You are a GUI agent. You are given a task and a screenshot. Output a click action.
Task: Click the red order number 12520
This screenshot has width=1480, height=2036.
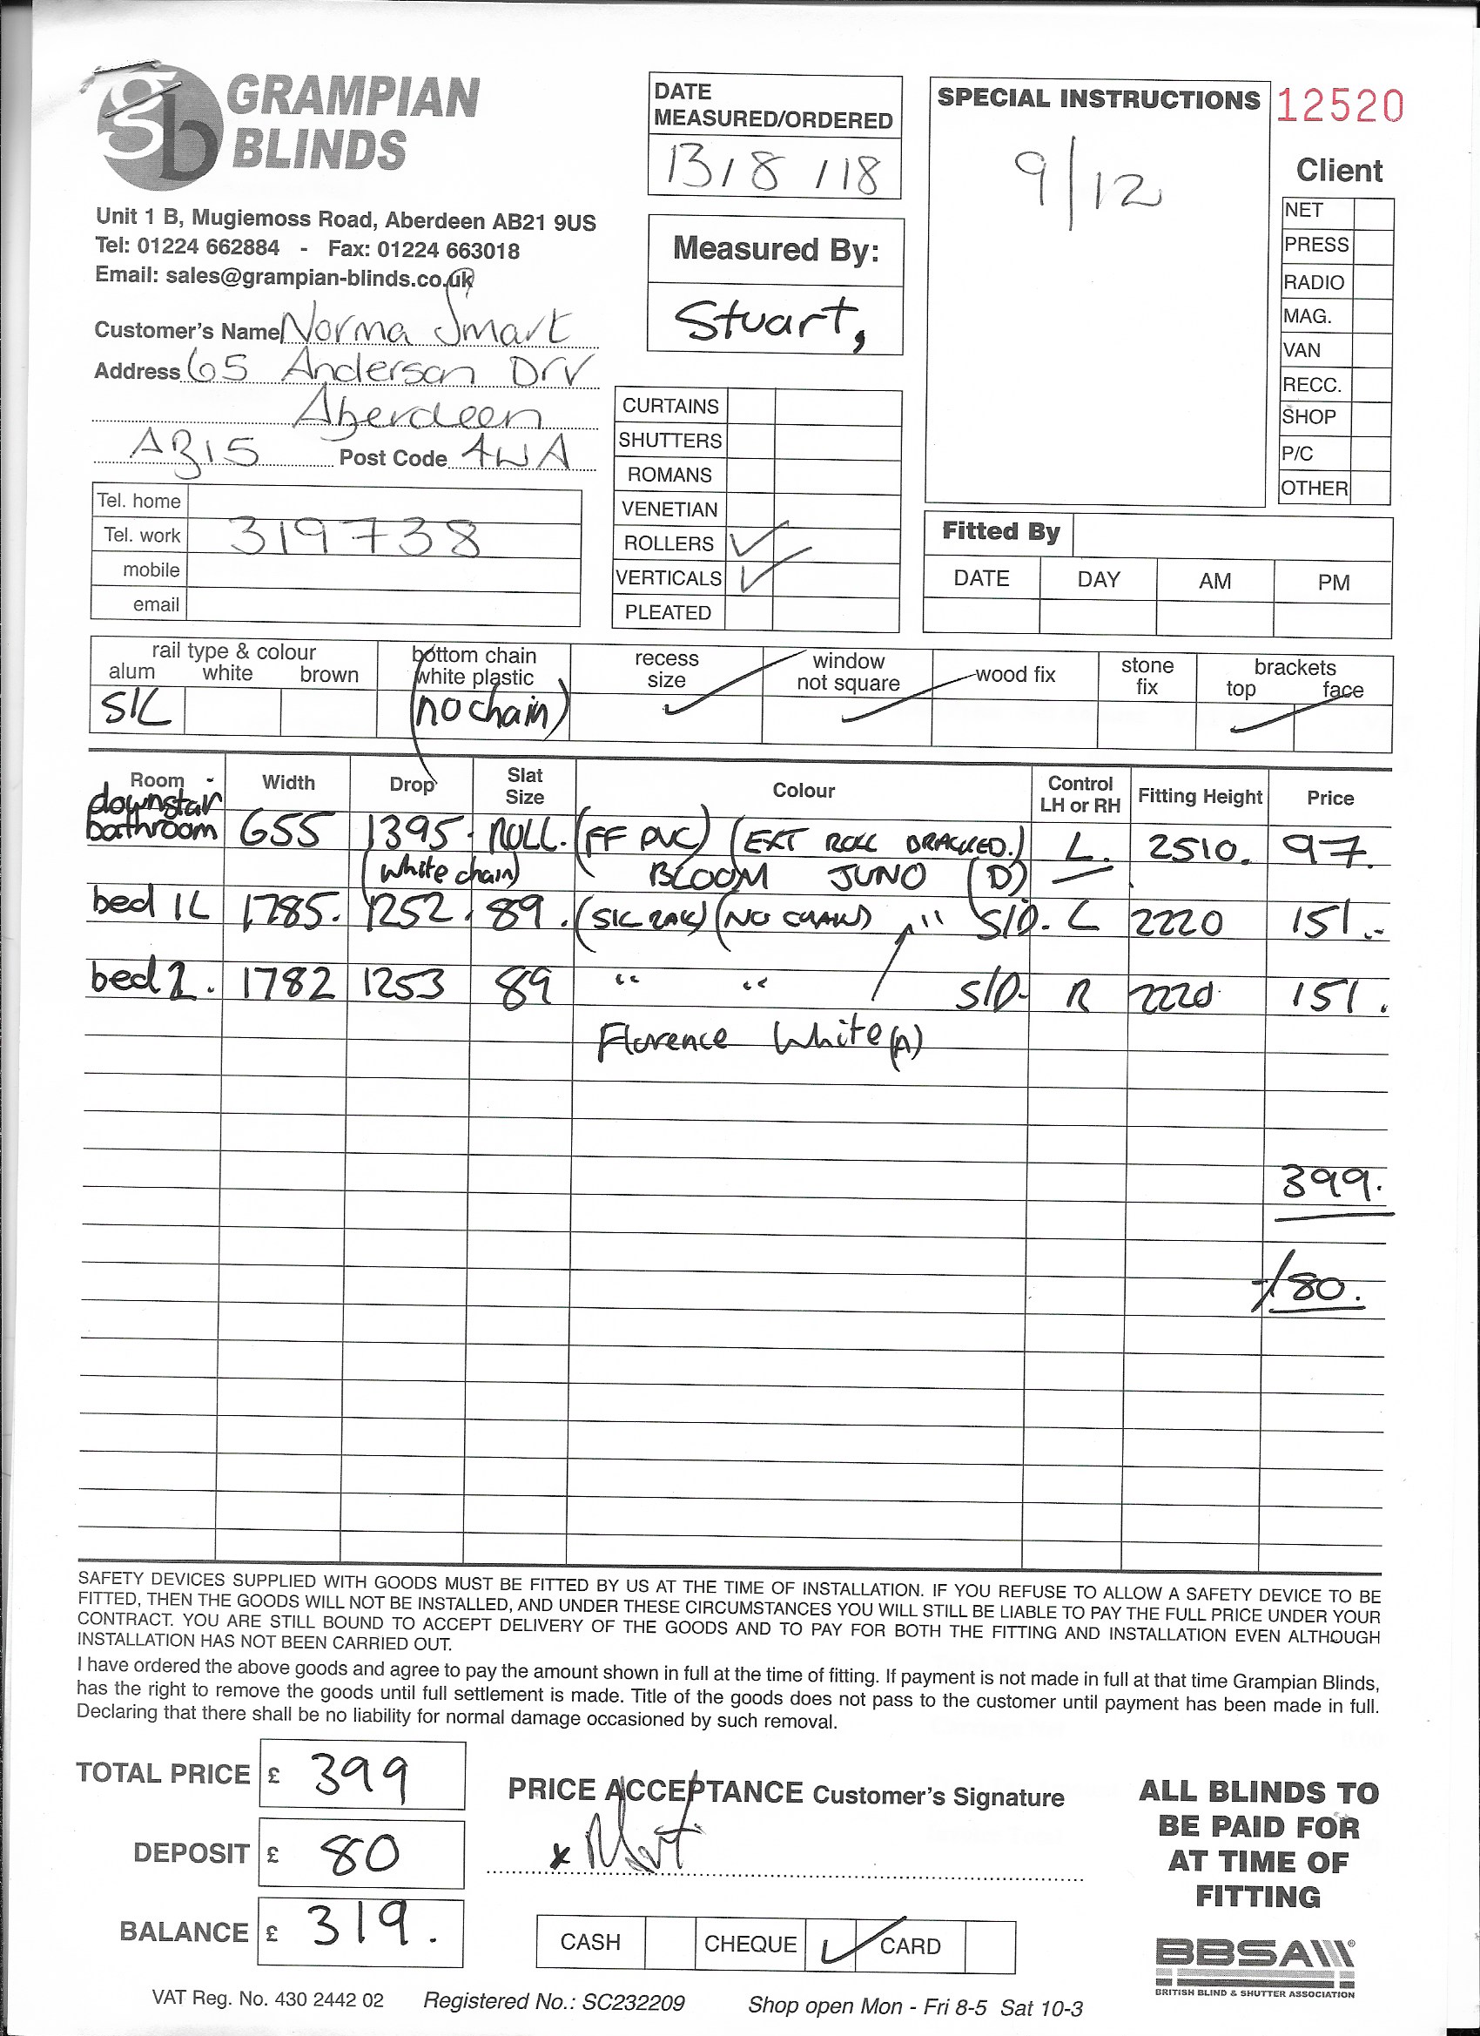pos(1339,106)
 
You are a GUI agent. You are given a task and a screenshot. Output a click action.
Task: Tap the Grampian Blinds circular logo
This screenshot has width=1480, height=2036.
pos(158,127)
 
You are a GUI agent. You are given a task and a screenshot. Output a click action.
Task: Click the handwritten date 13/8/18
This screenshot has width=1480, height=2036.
pos(772,170)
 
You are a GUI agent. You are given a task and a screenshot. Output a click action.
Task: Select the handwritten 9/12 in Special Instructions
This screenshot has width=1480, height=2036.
pos(1086,186)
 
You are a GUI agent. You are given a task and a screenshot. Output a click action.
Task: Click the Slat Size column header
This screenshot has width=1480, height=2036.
pos(524,785)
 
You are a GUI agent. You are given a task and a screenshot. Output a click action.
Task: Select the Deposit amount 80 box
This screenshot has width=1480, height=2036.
pos(361,1854)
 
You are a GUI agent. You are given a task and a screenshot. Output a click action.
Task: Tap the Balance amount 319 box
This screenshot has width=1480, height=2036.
pos(361,1932)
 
